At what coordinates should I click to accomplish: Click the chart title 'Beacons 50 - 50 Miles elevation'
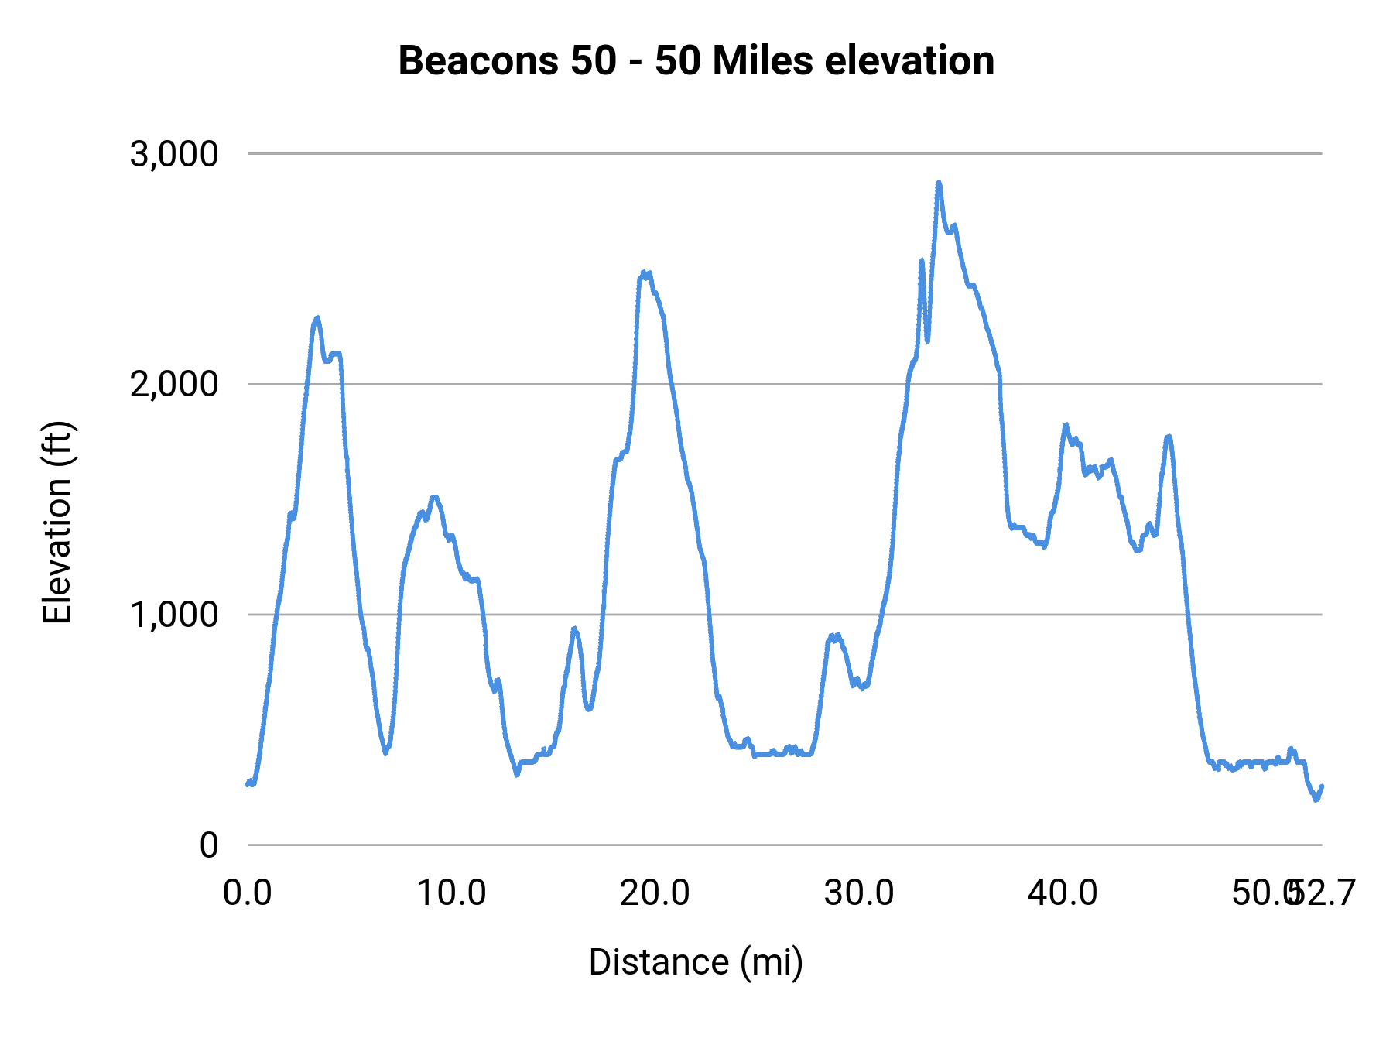(x=696, y=61)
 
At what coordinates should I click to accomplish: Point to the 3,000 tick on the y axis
(x=174, y=154)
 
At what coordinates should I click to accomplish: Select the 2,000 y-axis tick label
(x=174, y=384)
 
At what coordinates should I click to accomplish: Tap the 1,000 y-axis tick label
(x=174, y=615)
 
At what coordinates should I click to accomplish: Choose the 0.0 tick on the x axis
(x=248, y=893)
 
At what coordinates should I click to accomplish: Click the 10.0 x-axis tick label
(x=451, y=893)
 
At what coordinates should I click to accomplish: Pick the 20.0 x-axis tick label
(x=655, y=893)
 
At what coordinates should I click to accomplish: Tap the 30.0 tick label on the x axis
(x=859, y=893)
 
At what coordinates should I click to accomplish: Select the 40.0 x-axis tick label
(x=1063, y=893)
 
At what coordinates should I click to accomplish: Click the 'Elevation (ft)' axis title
(x=57, y=522)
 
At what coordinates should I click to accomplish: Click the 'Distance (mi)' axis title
(x=696, y=962)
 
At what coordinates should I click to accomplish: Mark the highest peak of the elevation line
(x=939, y=183)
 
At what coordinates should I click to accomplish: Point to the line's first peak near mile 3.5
(x=317, y=318)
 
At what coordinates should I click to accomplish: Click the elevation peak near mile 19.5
(x=644, y=272)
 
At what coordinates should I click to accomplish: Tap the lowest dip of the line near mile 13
(x=517, y=774)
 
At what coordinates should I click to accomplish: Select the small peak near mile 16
(x=573, y=629)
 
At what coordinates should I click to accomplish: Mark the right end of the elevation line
(x=1322, y=786)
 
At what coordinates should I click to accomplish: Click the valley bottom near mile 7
(x=385, y=752)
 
